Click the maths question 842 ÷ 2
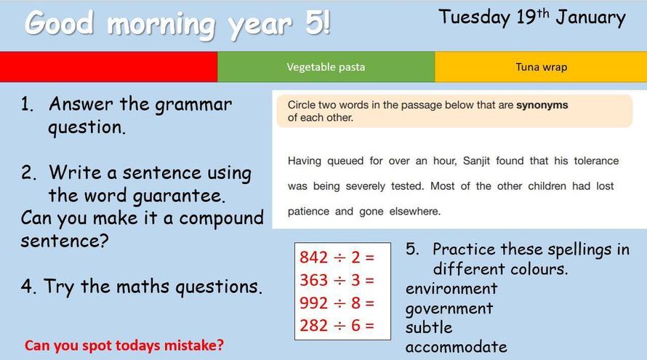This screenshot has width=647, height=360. tap(337, 257)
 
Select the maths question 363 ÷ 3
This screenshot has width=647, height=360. tap(337, 280)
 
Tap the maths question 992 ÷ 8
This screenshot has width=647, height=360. tap(337, 303)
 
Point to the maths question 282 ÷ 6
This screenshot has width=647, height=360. tap(337, 326)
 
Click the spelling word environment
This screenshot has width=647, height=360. tap(451, 289)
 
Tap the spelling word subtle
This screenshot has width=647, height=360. tap(429, 327)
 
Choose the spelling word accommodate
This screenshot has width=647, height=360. tap(456, 347)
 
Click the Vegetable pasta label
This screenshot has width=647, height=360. tap(326, 67)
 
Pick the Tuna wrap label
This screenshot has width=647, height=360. tap(542, 67)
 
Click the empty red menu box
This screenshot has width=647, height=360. tap(108, 67)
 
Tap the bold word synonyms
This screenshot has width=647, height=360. tap(542, 105)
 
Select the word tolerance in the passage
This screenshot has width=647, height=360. tap(596, 161)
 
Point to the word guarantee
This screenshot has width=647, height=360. tap(178, 196)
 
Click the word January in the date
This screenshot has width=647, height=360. tap(590, 18)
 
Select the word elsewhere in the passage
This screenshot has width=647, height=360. tap(414, 212)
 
